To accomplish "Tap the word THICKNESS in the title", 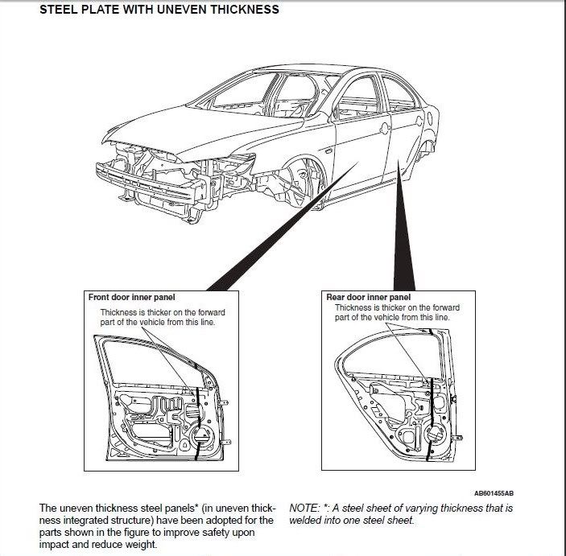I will click(244, 10).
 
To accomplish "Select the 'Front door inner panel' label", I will click(131, 297).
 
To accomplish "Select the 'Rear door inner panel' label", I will click(368, 297).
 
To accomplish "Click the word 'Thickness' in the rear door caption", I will click(353, 307).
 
